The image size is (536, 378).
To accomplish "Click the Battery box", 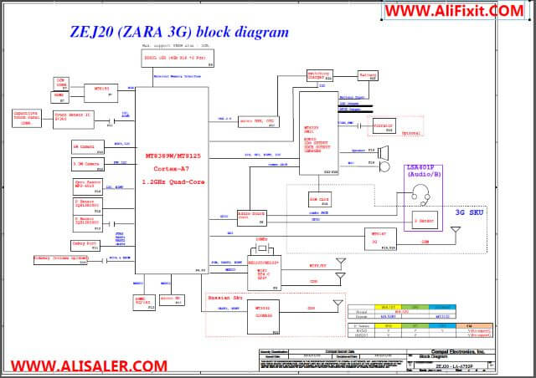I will pyautogui.click(x=368, y=76).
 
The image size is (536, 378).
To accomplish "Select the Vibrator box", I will pyautogui.click(x=383, y=127).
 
